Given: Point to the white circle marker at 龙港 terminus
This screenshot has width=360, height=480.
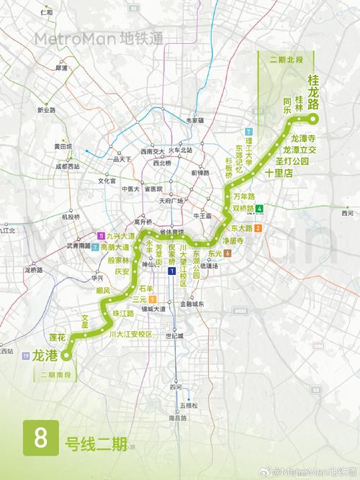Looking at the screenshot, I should (66, 355).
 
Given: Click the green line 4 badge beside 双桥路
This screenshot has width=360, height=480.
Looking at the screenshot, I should (269, 209).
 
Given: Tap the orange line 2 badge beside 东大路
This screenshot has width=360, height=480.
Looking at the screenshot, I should (268, 229).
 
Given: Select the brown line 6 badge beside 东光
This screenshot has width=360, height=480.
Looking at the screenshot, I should (228, 253).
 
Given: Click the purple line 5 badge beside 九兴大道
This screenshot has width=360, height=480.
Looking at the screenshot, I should (102, 236).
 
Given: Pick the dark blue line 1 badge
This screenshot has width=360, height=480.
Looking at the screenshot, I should (172, 271).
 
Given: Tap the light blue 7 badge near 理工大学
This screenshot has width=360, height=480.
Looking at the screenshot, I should (248, 132).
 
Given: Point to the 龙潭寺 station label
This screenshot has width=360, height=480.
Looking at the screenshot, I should (303, 137).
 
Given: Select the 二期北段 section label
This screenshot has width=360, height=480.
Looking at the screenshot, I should (285, 59).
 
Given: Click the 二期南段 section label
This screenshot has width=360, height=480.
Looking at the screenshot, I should (58, 375).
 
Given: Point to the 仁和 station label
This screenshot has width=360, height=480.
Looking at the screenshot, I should (47, 13).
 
